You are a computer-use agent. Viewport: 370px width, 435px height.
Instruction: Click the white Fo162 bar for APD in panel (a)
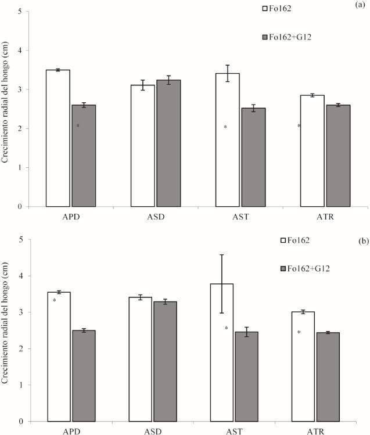(x=58, y=138)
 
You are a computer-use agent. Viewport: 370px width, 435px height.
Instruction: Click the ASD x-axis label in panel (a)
(x=156, y=215)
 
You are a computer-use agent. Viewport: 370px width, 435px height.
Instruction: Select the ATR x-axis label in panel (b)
(x=315, y=430)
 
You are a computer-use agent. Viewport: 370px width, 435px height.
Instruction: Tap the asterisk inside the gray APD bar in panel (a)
(x=77, y=126)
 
